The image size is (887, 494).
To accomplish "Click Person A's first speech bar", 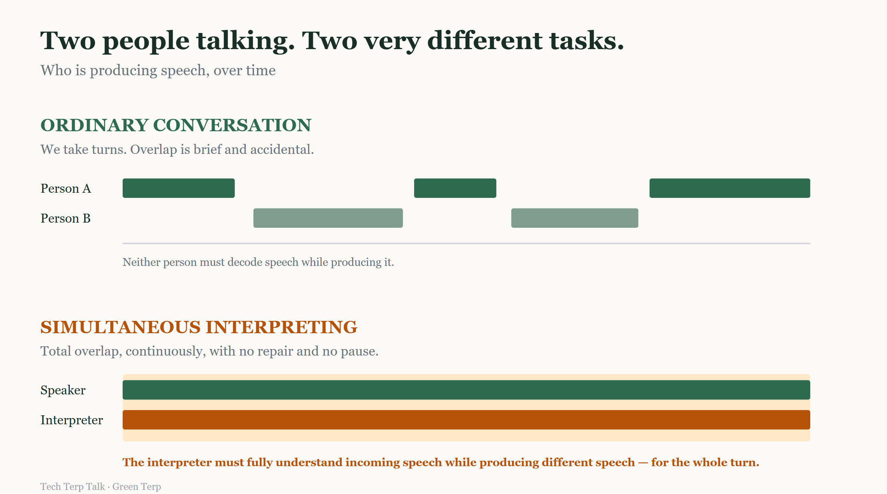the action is coord(178,188).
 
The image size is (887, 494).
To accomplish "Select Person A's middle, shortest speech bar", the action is coord(455,188).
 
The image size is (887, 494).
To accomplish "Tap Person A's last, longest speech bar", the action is coord(730,188).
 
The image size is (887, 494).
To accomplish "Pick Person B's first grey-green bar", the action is coord(328,218).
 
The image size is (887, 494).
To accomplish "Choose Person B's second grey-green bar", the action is coord(574,218).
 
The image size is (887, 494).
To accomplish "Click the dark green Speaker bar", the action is coord(466,390).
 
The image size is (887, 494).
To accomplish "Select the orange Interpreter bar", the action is coord(466,420).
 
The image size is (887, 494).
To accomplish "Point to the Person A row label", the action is coord(66,189).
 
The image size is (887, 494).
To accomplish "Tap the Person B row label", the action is coord(65,218).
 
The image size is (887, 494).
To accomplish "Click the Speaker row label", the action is coord(63,390).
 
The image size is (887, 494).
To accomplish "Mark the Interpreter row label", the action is coord(71,420).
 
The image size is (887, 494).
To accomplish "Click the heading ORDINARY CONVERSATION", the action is coord(176,125).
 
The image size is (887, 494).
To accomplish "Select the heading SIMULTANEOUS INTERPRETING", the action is coord(199,327).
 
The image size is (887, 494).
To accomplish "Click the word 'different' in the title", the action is coord(485,41).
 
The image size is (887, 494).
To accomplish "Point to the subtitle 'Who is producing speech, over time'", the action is coord(158,70).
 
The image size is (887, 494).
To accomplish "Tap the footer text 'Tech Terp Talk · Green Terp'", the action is coord(101,486).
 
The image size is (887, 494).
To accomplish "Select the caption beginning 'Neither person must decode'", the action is coord(258,262).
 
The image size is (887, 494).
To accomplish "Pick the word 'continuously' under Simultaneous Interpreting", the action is coord(166,351).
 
